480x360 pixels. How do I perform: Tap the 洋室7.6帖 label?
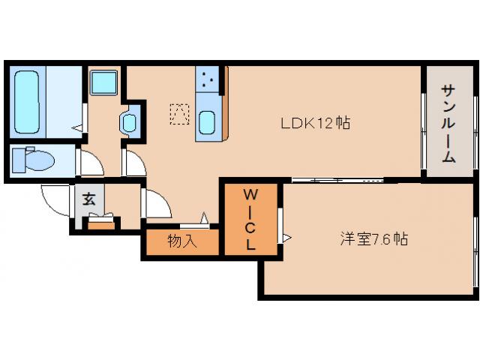[x=373, y=240]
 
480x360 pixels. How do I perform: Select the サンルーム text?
[x=448, y=124]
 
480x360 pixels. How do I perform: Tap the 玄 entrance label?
[x=88, y=199]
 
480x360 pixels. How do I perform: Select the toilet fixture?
[x=34, y=160]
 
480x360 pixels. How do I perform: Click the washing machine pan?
[x=103, y=82]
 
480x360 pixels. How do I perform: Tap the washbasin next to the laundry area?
[x=130, y=121]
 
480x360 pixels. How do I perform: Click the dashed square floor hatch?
[x=179, y=114]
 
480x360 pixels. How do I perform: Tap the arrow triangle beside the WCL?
[x=286, y=238]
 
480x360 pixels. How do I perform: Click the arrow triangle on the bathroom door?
[x=77, y=128]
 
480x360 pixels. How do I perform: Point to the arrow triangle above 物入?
[x=202, y=218]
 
